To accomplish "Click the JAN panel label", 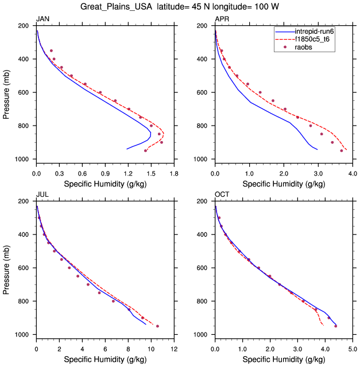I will pyautogui.click(x=42, y=19).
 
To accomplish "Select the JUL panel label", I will pyautogui.click(x=42, y=195).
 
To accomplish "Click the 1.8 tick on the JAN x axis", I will pyautogui.click(x=174, y=172).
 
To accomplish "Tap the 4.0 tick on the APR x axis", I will pyautogui.click(x=353, y=172).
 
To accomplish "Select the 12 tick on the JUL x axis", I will pyautogui.click(x=174, y=348).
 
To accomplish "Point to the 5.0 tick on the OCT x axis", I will pyautogui.click(x=353, y=348).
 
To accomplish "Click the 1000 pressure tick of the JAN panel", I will pyautogui.click(x=24, y=159).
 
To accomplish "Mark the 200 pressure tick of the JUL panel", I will pyautogui.click(x=26, y=201).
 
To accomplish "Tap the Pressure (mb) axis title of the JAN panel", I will pyautogui.click(x=7, y=92).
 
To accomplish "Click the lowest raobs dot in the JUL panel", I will pyautogui.click(x=157, y=326).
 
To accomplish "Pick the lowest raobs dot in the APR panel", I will pyautogui.click(x=342, y=151).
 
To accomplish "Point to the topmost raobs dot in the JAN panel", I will pyautogui.click(x=51, y=50).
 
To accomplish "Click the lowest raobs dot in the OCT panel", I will pyautogui.click(x=336, y=326).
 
